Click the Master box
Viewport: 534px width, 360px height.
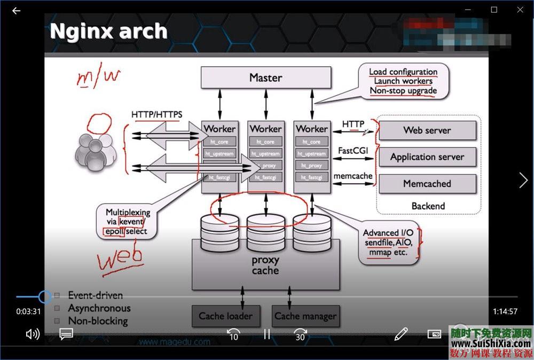[x=265, y=77]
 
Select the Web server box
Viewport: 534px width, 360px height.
[x=427, y=130]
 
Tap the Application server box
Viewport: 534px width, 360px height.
[x=427, y=157]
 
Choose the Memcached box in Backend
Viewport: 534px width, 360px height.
[x=427, y=184]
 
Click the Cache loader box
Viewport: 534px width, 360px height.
[x=225, y=316]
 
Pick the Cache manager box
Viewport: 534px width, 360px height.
[x=305, y=316]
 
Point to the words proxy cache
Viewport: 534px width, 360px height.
[x=265, y=265]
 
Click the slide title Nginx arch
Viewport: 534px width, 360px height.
[x=108, y=31]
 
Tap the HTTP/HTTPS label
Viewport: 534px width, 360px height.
[x=156, y=114]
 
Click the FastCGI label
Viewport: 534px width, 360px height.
[x=353, y=151]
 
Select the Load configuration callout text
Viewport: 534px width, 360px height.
[x=403, y=72]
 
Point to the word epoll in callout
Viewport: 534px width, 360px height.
[x=113, y=232]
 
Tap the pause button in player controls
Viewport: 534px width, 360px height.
[x=267, y=334]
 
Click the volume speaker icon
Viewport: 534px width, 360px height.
[x=33, y=334]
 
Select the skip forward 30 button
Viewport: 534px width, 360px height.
[x=300, y=335]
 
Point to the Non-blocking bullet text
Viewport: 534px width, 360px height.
[x=98, y=321]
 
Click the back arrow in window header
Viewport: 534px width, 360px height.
[x=16, y=10]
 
